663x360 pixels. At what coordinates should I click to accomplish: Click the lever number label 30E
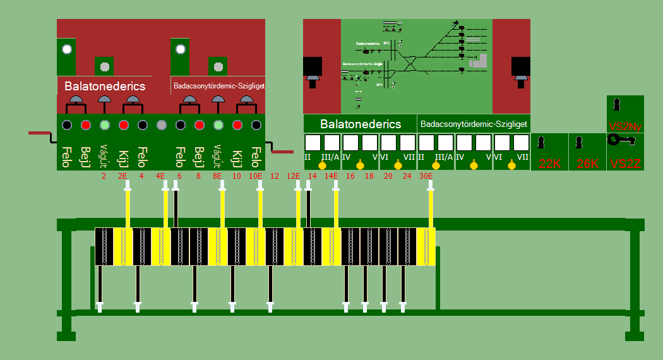pos(426,176)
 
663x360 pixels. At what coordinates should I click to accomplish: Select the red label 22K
pos(550,164)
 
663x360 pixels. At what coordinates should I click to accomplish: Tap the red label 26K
pos(588,164)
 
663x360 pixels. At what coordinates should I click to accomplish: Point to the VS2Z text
pos(625,164)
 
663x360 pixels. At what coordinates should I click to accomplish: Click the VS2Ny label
pos(625,126)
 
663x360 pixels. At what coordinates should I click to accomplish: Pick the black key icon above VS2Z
pos(620,141)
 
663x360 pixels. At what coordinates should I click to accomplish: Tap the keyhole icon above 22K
pos(541,143)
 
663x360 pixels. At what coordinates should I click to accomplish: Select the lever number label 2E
pos(122,176)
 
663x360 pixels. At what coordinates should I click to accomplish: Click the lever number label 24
pos(407,176)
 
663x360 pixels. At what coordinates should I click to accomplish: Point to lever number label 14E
pos(331,176)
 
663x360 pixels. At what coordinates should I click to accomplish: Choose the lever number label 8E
pos(217,176)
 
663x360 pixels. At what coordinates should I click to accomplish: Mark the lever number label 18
pos(369,176)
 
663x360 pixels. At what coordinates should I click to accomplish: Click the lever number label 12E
pos(293,176)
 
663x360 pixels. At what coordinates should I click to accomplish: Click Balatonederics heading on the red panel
pos(105,86)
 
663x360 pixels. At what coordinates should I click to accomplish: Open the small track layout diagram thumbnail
pos(417,66)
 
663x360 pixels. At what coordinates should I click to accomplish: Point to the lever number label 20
pos(388,176)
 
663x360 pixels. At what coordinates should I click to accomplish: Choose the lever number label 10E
pos(255,176)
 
